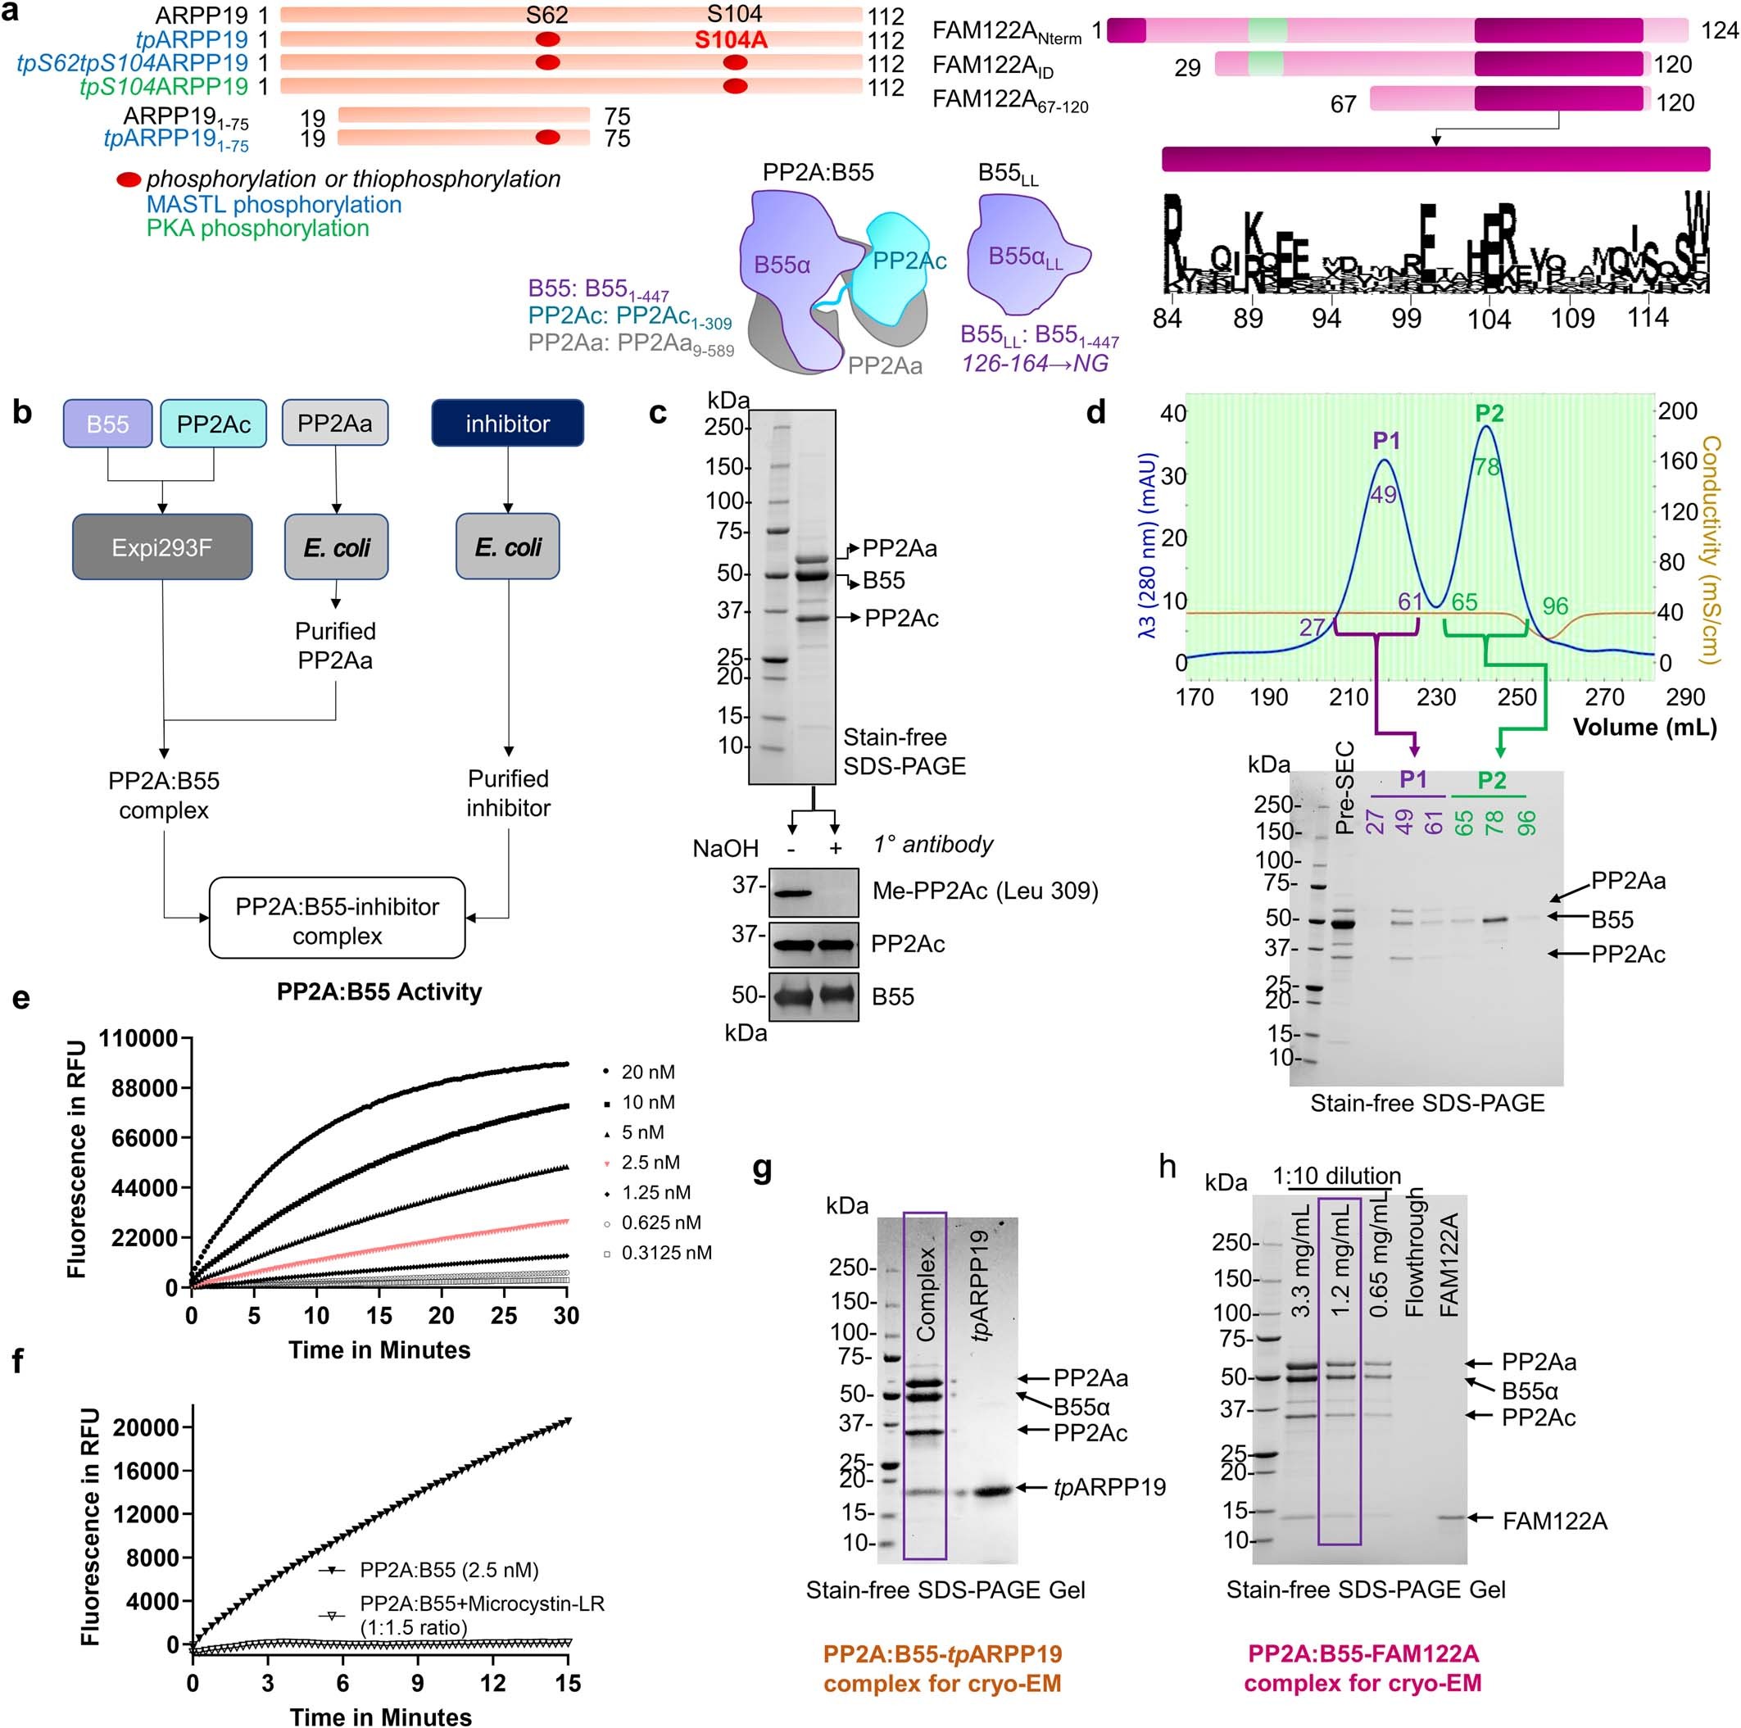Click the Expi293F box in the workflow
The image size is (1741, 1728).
pos(162,547)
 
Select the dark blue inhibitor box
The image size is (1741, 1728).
pos(507,424)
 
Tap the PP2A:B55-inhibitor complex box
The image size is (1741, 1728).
pos(337,920)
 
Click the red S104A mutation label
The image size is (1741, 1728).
pos(731,39)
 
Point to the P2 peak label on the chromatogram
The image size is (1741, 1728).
pos(1489,413)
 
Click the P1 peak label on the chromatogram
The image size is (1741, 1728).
pos(1386,440)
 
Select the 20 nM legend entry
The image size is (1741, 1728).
pos(647,1072)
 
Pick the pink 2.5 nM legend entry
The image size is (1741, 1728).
pos(650,1162)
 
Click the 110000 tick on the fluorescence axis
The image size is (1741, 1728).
pos(138,1038)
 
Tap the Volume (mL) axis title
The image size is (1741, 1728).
pos(1644,728)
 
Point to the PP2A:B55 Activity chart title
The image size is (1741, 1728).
pos(379,991)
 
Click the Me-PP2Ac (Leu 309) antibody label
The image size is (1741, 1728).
pos(985,891)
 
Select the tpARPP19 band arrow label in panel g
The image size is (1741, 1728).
pos(1109,1486)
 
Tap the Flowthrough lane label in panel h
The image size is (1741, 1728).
pos(1415,1252)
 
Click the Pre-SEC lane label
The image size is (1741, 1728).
pos(1344,787)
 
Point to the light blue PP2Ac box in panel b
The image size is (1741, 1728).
pos(214,424)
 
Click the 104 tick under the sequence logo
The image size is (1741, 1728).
pos(1489,318)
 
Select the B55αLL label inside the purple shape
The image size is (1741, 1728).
pos(1026,258)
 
